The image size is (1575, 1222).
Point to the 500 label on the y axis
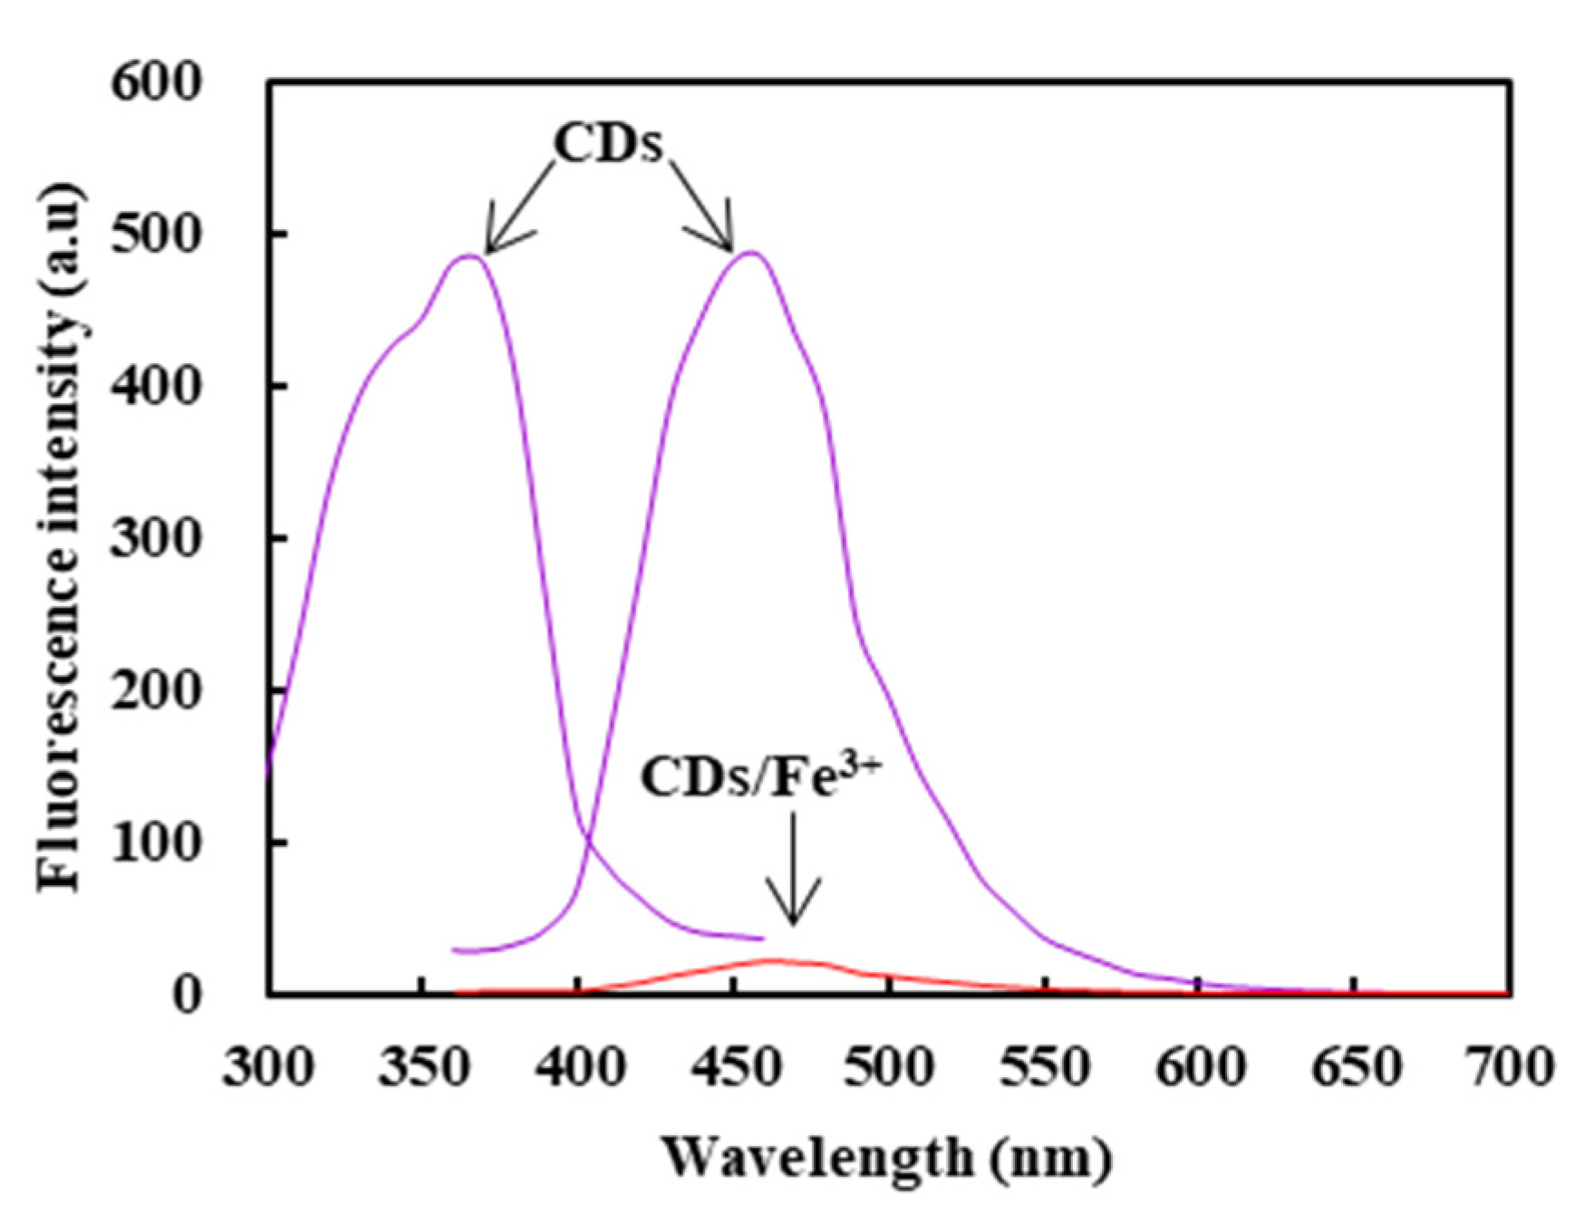[155, 235]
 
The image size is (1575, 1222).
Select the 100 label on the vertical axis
[155, 843]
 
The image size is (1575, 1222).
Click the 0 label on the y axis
[185, 995]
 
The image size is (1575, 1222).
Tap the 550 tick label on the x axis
[1045, 1066]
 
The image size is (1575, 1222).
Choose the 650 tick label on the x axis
[1356, 1066]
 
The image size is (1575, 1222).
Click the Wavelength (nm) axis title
[885, 1159]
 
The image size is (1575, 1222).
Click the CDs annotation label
[608, 143]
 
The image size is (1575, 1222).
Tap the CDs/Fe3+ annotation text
[759, 776]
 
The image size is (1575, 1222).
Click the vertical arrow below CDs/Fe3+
[793, 870]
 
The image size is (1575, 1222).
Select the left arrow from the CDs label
[517, 210]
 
